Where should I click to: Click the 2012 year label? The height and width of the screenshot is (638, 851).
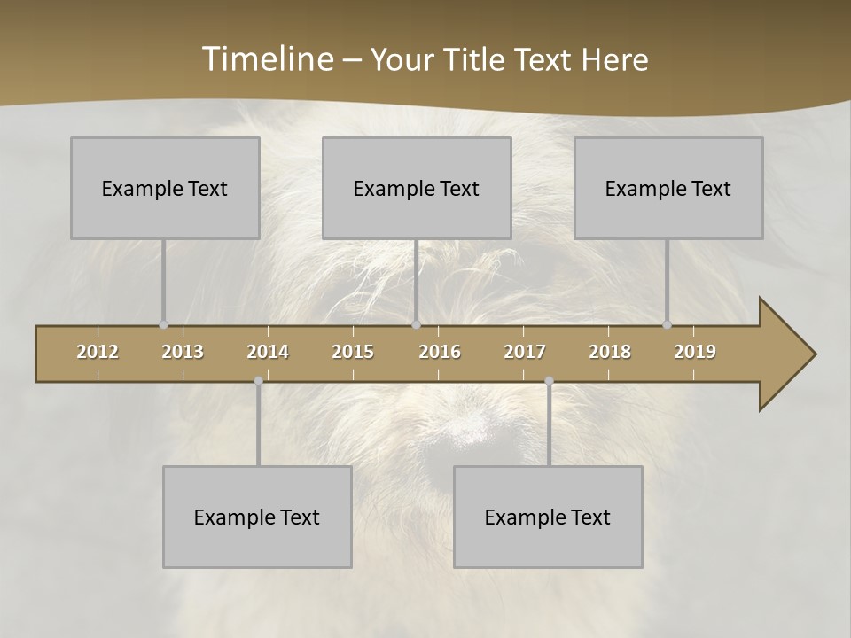[x=98, y=352]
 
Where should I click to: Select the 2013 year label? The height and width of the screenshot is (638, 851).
[x=183, y=352]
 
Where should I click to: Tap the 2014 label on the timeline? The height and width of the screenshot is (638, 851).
[x=268, y=352]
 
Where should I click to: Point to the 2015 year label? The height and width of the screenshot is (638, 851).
[x=353, y=352]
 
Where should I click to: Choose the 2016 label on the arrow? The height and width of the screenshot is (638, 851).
[x=440, y=352]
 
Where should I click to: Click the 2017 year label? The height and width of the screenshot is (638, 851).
[x=525, y=352]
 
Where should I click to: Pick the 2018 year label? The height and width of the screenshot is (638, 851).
[x=610, y=352]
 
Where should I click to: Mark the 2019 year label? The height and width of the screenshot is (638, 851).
[x=695, y=352]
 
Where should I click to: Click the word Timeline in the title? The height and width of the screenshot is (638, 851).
[x=265, y=59]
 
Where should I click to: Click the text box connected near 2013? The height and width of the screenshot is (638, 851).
[x=165, y=188]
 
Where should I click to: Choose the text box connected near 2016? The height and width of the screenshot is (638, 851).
[x=417, y=188]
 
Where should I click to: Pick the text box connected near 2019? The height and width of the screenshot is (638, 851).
[x=668, y=188]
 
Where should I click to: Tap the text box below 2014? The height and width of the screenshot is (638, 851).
[x=257, y=517]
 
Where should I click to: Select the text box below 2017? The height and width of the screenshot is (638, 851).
[x=548, y=517]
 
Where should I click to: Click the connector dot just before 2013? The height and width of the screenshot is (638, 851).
[x=163, y=324]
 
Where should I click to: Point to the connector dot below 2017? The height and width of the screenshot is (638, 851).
[x=549, y=381]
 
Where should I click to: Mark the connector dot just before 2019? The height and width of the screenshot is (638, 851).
[x=668, y=324]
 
